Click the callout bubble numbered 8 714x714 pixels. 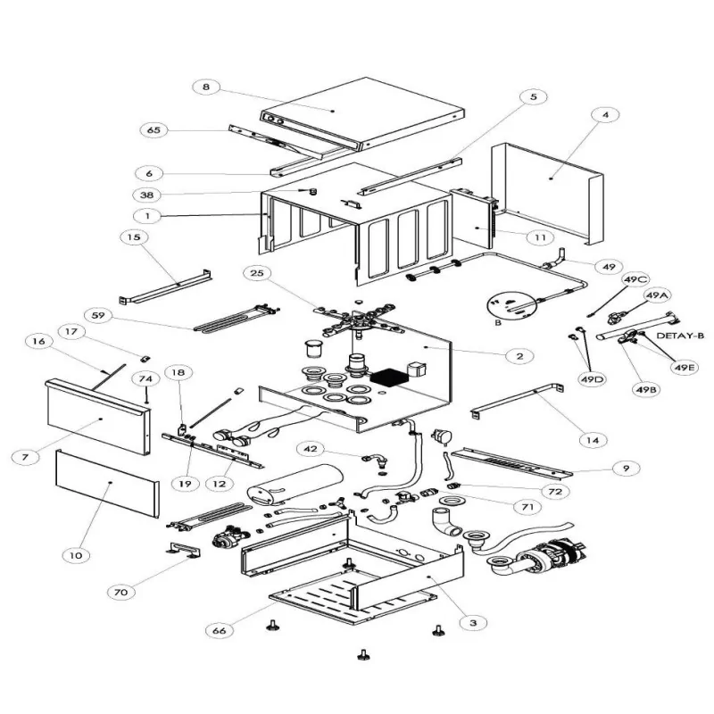pyautogui.click(x=206, y=87)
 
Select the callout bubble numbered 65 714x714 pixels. pyautogui.click(x=154, y=130)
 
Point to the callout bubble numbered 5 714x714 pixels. pyautogui.click(x=533, y=96)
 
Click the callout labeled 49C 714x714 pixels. pyautogui.click(x=636, y=280)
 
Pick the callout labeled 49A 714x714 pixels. pyautogui.click(x=657, y=295)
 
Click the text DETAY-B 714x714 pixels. pyautogui.click(x=681, y=336)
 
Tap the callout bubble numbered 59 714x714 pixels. pyautogui.click(x=99, y=315)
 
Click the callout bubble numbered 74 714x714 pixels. pyautogui.click(x=145, y=379)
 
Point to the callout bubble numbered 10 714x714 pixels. pyautogui.click(x=76, y=555)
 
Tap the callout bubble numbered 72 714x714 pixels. pyautogui.click(x=556, y=492)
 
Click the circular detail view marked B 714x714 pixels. pyautogui.click(x=513, y=308)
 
